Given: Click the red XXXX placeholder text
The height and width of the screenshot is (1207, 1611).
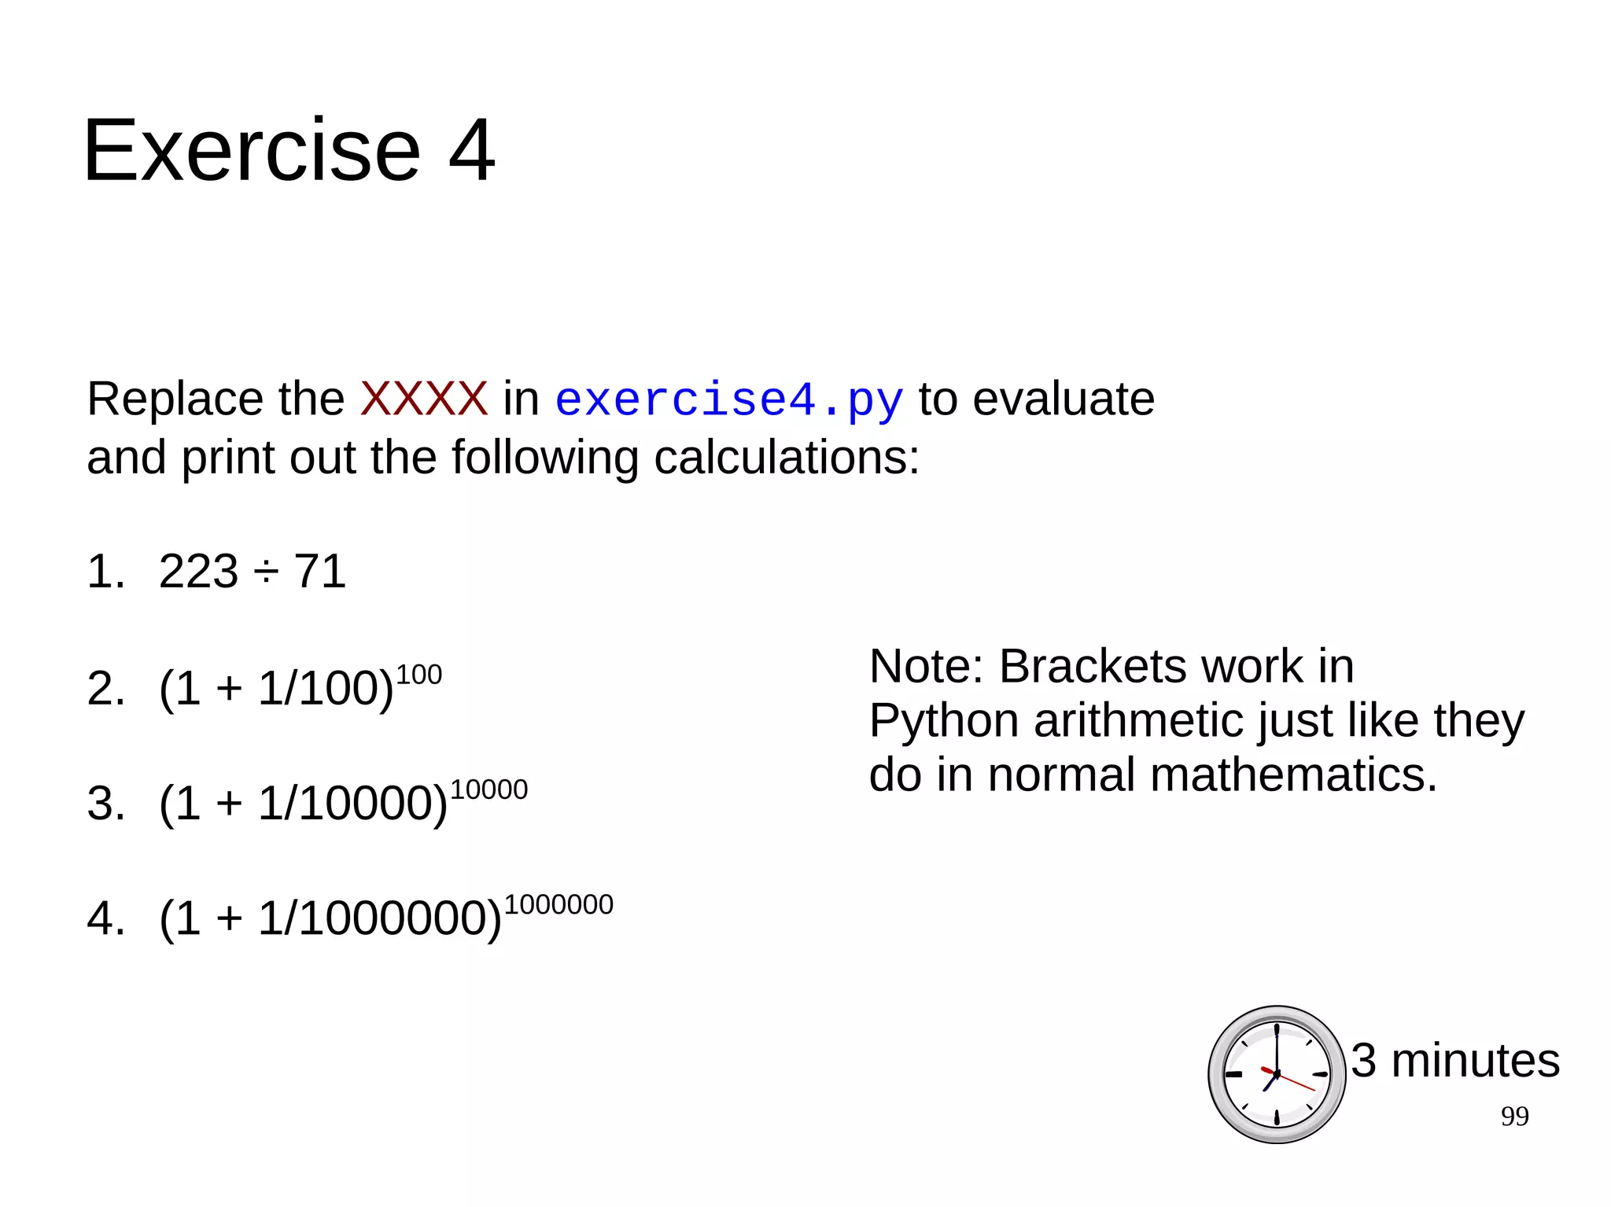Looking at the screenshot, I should [x=424, y=399].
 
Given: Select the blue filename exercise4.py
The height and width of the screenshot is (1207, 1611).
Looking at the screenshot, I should [x=728, y=400].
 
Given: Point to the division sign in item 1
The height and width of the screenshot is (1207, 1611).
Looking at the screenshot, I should [x=266, y=572].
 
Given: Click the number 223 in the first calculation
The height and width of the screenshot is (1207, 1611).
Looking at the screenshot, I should [x=198, y=571].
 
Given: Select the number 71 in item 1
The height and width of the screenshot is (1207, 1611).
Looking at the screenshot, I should [x=319, y=571].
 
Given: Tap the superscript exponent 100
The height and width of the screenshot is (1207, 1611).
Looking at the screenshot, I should [x=418, y=675].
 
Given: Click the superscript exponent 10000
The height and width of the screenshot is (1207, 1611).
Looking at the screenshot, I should [x=488, y=789].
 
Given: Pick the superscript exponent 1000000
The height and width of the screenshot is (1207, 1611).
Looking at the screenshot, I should [x=559, y=904].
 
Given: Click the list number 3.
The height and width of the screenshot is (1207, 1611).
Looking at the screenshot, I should [x=105, y=803].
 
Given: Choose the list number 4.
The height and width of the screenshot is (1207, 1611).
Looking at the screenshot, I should [x=105, y=918].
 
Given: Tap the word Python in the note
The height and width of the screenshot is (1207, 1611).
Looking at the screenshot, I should [x=943, y=720].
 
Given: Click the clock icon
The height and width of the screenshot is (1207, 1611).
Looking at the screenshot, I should [x=1276, y=1074].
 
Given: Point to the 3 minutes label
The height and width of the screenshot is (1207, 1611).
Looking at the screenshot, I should [x=1455, y=1060].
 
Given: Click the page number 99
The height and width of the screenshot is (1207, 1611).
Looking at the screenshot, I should [x=1514, y=1117].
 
